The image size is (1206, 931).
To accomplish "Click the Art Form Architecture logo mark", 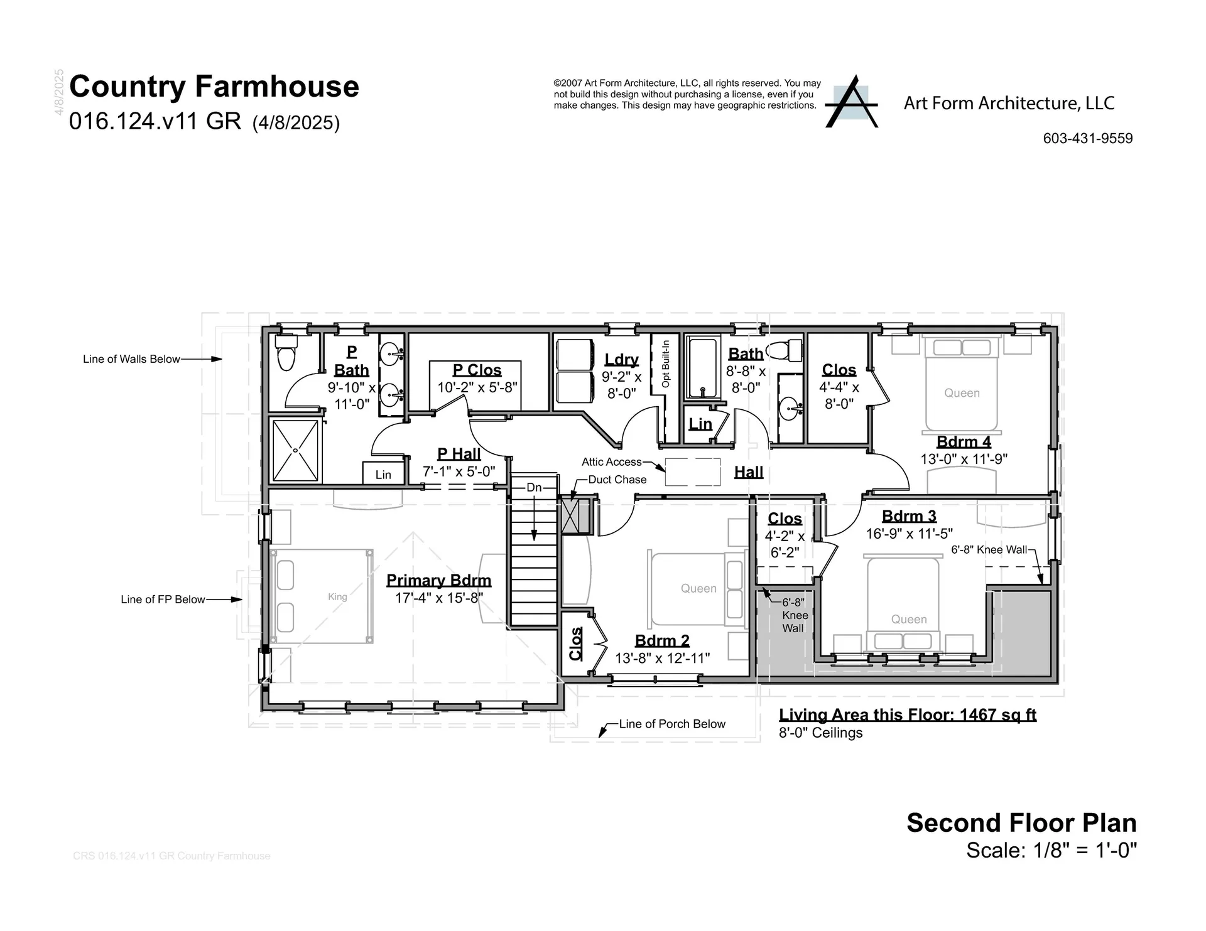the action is (851, 102).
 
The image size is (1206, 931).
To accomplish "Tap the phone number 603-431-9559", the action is (1088, 139).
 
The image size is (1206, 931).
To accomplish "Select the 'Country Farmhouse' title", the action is (214, 87).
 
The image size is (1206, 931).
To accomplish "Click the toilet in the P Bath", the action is (286, 353).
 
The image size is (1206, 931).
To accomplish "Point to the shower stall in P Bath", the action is (295, 451).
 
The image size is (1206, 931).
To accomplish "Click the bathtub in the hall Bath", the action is (702, 368).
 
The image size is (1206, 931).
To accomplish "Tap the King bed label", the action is (337, 596).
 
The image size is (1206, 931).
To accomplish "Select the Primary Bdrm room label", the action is (438, 581).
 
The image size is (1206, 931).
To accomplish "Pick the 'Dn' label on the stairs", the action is (534, 488).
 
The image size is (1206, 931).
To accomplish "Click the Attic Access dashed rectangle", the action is (693, 472).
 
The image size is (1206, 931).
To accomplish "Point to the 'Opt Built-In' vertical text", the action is (666, 364).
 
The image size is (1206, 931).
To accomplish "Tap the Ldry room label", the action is (622, 360).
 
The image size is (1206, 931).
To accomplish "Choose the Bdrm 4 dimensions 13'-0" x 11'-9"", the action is (964, 459).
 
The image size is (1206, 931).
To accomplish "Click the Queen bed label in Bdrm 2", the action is (698, 588).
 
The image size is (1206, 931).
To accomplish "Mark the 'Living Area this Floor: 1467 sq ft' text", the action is (908, 715).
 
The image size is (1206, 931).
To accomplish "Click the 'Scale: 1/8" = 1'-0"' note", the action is (1051, 850).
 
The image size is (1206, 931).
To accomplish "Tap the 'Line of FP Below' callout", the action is (182, 600).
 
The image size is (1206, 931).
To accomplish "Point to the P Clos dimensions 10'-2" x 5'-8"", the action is (477, 387).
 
